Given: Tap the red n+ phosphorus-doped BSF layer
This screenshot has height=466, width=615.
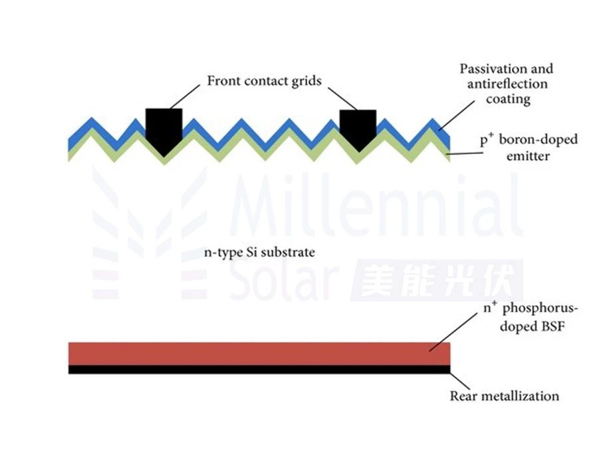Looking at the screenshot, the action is (x=259, y=353).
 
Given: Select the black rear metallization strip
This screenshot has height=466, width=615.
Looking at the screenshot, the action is (x=259, y=369).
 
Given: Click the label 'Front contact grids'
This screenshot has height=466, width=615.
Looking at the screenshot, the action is (x=264, y=81).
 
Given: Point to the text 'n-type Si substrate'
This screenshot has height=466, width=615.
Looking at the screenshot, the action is (x=259, y=252).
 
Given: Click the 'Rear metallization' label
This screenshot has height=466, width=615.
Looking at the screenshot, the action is (x=504, y=396).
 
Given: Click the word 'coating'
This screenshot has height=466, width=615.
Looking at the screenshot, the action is (x=508, y=99).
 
